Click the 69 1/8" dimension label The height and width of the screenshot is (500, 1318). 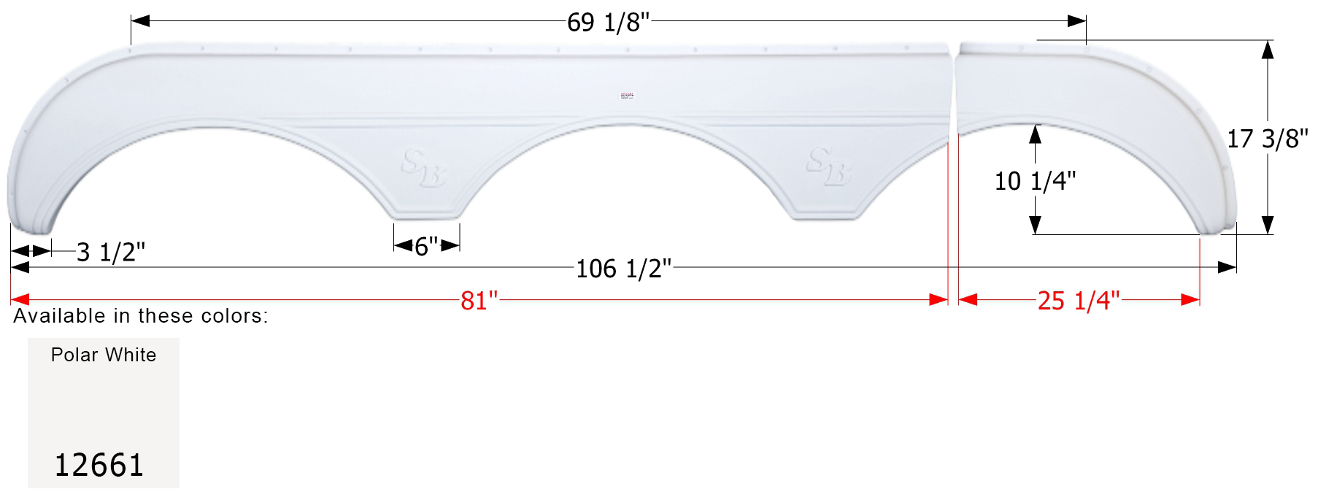point(608,23)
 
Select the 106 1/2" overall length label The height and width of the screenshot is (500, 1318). point(623,269)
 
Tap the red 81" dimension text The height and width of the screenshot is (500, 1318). point(479,300)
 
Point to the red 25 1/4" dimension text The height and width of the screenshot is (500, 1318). point(1078,300)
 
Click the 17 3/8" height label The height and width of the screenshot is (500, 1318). point(1267,139)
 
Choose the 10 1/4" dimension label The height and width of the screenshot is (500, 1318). point(1034,181)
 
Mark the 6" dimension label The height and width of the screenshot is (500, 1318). point(426,247)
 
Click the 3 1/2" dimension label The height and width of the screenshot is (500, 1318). point(110,253)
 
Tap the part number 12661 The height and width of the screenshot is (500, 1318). point(99,465)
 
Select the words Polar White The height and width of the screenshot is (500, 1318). point(104,355)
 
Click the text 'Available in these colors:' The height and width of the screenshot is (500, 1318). point(141,316)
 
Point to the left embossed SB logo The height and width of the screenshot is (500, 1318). point(423,169)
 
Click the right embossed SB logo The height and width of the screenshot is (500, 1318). point(828,167)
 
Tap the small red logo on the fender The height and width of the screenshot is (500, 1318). point(627,96)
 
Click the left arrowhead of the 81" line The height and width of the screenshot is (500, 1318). point(20,300)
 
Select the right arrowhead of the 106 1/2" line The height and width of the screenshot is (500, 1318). point(1228,268)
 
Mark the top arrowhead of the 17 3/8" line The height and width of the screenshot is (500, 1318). point(1268,50)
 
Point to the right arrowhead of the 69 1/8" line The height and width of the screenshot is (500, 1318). point(1077,21)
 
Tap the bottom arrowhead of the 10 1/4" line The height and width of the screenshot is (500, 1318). point(1035,226)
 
